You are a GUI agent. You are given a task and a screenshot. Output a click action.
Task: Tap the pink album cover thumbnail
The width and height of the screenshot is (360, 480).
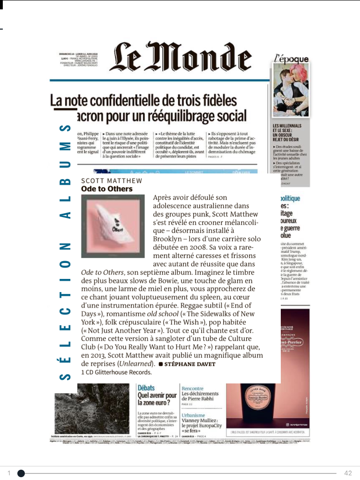(112, 226)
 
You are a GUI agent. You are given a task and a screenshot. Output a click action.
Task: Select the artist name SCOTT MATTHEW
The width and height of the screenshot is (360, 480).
(112, 180)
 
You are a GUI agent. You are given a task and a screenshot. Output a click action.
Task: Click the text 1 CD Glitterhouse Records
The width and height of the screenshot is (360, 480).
(117, 373)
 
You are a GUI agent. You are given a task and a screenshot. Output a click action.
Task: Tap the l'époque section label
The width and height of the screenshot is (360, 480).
(291, 59)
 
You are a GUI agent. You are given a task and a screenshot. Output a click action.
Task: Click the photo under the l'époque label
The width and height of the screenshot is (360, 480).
(291, 91)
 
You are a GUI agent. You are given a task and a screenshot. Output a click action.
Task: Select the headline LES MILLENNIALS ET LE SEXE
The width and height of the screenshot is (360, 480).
(287, 132)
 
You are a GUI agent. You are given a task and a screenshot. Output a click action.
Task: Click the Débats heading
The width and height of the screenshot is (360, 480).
(146, 388)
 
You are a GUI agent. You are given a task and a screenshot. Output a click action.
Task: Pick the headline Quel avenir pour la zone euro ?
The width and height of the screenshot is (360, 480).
(157, 399)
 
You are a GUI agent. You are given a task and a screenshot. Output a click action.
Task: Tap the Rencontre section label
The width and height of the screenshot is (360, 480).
(193, 389)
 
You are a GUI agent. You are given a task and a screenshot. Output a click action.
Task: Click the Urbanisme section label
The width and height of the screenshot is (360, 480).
(194, 415)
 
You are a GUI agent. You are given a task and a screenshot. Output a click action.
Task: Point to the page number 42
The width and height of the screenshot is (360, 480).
(347, 473)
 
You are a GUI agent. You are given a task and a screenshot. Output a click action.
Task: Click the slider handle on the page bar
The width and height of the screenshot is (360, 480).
(21, 473)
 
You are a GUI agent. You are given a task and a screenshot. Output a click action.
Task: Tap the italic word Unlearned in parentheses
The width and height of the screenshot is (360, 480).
(136, 364)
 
